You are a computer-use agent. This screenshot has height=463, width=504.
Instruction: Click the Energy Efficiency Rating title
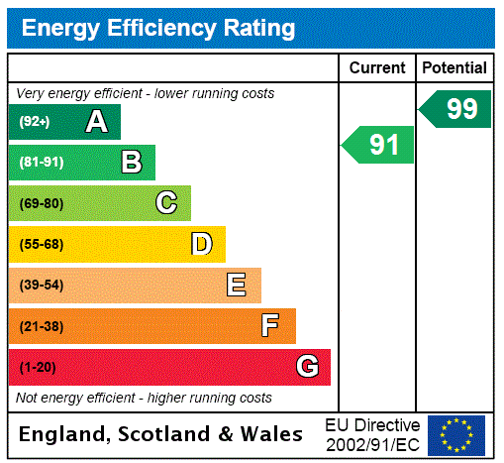coord(158,28)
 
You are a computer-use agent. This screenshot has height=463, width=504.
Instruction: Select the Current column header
coord(377,68)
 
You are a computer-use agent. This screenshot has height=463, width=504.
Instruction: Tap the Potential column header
coord(454,68)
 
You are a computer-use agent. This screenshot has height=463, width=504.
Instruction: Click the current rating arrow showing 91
coord(379,145)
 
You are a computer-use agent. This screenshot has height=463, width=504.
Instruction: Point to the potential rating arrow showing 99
coord(456,109)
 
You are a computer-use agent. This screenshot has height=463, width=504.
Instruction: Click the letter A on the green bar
coord(96,122)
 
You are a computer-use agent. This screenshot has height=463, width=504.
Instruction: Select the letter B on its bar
coord(131,163)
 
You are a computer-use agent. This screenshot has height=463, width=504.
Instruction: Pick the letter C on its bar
coord(166,203)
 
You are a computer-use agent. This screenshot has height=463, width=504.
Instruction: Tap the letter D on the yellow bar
coord(201,244)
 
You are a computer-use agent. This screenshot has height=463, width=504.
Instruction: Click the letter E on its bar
coord(237,286)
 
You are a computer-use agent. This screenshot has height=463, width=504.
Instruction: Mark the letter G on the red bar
coord(307,367)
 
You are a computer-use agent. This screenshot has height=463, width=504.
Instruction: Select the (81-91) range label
coord(41,163)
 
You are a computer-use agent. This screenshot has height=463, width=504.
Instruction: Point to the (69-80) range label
coord(41,203)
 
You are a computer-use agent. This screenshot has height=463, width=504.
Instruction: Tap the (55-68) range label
coord(41,244)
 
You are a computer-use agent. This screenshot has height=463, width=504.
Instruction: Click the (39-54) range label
coord(41,286)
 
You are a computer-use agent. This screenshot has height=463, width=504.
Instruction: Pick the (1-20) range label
coord(38,367)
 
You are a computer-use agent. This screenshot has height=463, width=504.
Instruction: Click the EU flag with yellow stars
coord(456,434)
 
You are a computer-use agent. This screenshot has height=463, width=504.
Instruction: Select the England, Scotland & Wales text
coord(161,434)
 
